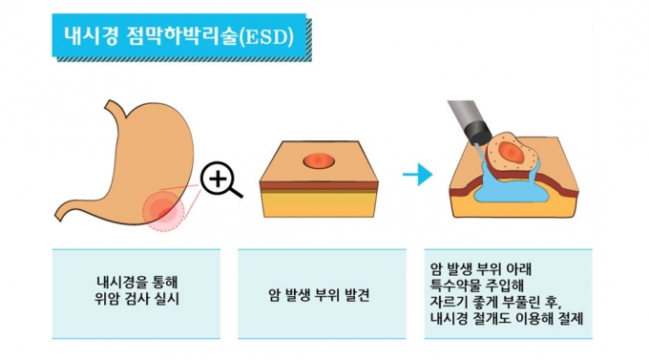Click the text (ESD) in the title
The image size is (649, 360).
[x=266, y=37]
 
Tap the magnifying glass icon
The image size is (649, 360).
[x=220, y=180]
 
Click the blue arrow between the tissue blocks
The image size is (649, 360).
[x=418, y=174]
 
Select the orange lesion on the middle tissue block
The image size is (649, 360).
[x=319, y=160]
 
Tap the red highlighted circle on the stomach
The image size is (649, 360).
[x=163, y=210]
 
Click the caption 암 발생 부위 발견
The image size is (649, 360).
[x=319, y=295]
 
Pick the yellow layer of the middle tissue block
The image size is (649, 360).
[x=319, y=206]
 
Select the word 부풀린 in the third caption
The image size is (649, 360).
[x=521, y=302]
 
